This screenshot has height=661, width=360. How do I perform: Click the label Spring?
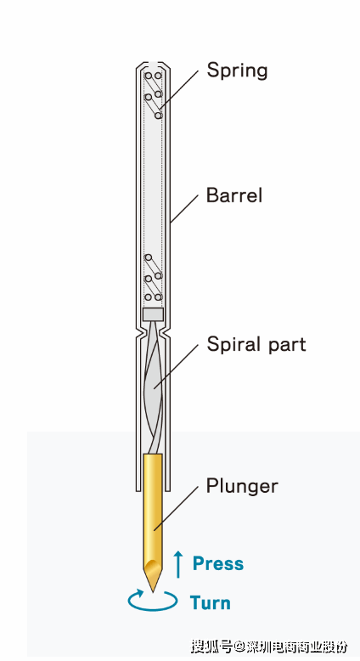point(237,71)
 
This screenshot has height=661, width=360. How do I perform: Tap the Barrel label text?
point(234,195)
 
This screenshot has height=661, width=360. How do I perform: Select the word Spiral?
point(229,345)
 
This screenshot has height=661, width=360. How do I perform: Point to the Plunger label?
point(242,487)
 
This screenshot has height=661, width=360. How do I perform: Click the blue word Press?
point(218,563)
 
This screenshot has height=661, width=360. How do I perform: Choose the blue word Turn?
point(210,603)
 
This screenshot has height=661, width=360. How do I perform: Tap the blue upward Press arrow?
point(178,564)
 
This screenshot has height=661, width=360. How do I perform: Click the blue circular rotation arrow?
point(153,601)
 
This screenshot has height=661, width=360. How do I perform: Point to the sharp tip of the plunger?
point(153,591)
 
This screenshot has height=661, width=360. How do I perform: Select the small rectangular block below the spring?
point(153,314)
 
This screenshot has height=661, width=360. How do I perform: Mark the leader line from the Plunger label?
point(176,508)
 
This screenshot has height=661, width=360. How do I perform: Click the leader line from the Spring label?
point(179,89)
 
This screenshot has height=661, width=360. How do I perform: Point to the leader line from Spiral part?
point(176,366)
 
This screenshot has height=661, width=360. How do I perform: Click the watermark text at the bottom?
point(269,646)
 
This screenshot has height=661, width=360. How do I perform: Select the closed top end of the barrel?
point(153,65)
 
